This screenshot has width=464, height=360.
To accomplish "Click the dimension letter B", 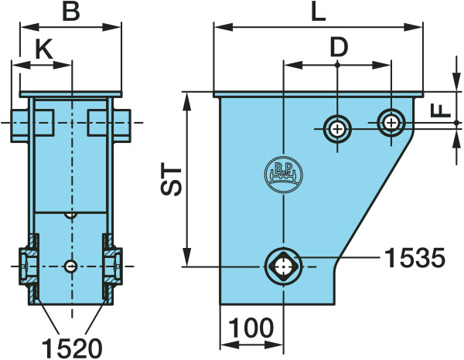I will point(70,12).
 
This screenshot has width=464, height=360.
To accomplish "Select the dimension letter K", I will point(44,49).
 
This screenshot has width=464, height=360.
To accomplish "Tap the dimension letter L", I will point(317,12).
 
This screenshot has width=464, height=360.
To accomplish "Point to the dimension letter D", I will point(339,48).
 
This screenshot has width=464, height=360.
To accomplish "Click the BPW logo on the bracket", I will point(285,174).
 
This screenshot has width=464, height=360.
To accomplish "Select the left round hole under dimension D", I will point(337,128).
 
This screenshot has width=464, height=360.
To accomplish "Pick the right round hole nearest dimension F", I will point(391,121).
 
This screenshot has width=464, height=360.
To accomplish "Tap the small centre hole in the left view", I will point(71,267).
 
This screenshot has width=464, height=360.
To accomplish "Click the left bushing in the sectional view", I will point(29,267).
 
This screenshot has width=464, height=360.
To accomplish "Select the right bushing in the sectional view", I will point(113,267).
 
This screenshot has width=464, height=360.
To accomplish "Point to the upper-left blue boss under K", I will point(32,122).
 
